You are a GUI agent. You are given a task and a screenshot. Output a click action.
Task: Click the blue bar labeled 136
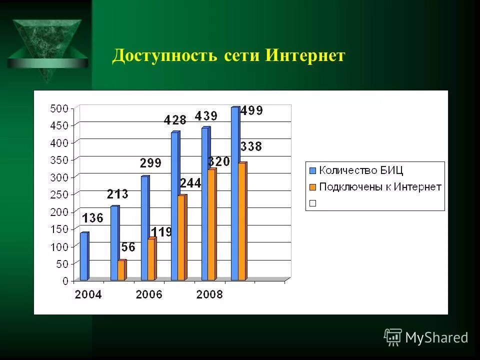[x=84, y=256]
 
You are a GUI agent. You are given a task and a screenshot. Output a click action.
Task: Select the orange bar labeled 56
[x=121, y=270]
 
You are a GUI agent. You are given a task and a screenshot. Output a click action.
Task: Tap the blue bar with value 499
[x=235, y=194]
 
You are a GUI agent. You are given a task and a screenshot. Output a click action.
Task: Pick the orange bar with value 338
[x=242, y=221]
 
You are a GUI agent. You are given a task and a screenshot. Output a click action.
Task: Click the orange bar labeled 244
[x=182, y=237]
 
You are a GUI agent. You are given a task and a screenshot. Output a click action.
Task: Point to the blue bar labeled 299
[x=144, y=228]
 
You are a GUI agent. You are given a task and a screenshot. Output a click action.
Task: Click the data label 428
[x=175, y=120]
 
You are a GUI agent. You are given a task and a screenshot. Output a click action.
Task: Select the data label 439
[x=206, y=116]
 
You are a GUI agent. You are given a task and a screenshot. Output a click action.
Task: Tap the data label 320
[x=219, y=161]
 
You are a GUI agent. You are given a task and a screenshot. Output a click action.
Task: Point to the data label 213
[x=117, y=194]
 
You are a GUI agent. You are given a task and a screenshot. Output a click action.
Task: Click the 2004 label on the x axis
[x=88, y=294]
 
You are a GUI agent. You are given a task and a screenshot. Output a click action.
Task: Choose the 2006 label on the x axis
[x=149, y=294]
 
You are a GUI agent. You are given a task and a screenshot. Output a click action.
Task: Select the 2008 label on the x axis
[x=209, y=294]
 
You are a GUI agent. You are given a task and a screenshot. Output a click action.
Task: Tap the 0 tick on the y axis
[x=65, y=281]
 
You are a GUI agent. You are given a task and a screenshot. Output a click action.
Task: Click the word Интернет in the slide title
[x=305, y=55]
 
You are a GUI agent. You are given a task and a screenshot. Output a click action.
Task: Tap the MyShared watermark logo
[x=426, y=337]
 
